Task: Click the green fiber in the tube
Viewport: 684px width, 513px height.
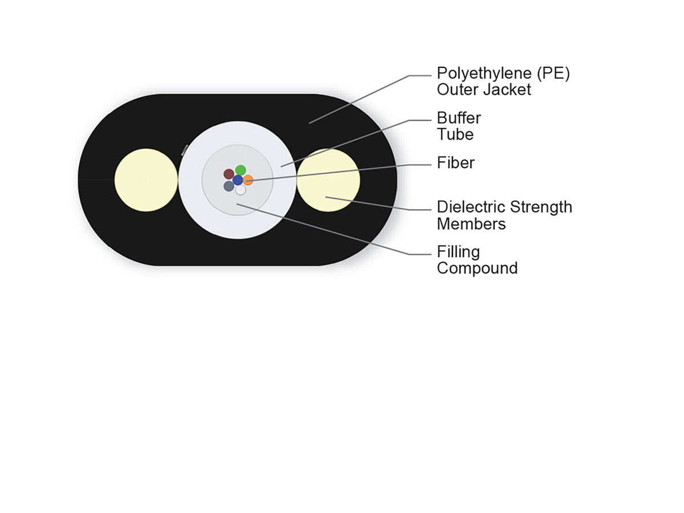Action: pos(241,170)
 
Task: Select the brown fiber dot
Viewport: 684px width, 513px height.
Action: pos(229,174)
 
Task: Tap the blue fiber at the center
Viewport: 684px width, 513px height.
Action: pos(238,180)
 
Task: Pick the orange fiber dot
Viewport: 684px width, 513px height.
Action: pos(248,180)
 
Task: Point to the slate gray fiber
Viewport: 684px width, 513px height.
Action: pos(229,186)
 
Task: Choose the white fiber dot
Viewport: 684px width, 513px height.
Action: pos(241,190)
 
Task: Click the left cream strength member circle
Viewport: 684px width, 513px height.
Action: pos(146,180)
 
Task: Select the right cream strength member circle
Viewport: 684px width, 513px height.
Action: pos(328,180)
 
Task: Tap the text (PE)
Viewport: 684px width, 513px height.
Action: pos(553,74)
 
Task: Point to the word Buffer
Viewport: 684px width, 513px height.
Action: pos(459,118)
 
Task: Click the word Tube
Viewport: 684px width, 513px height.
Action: pos(455,135)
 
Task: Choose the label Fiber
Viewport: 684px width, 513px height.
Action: pos(455,162)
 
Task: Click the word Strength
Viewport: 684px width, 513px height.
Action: pos(541,207)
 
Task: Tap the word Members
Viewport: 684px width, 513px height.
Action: pos(471,224)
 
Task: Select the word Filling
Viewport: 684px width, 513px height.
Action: pos(458,252)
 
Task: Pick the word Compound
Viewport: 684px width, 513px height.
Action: pos(477,268)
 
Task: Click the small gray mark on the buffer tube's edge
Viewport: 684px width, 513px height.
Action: pos(185,150)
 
